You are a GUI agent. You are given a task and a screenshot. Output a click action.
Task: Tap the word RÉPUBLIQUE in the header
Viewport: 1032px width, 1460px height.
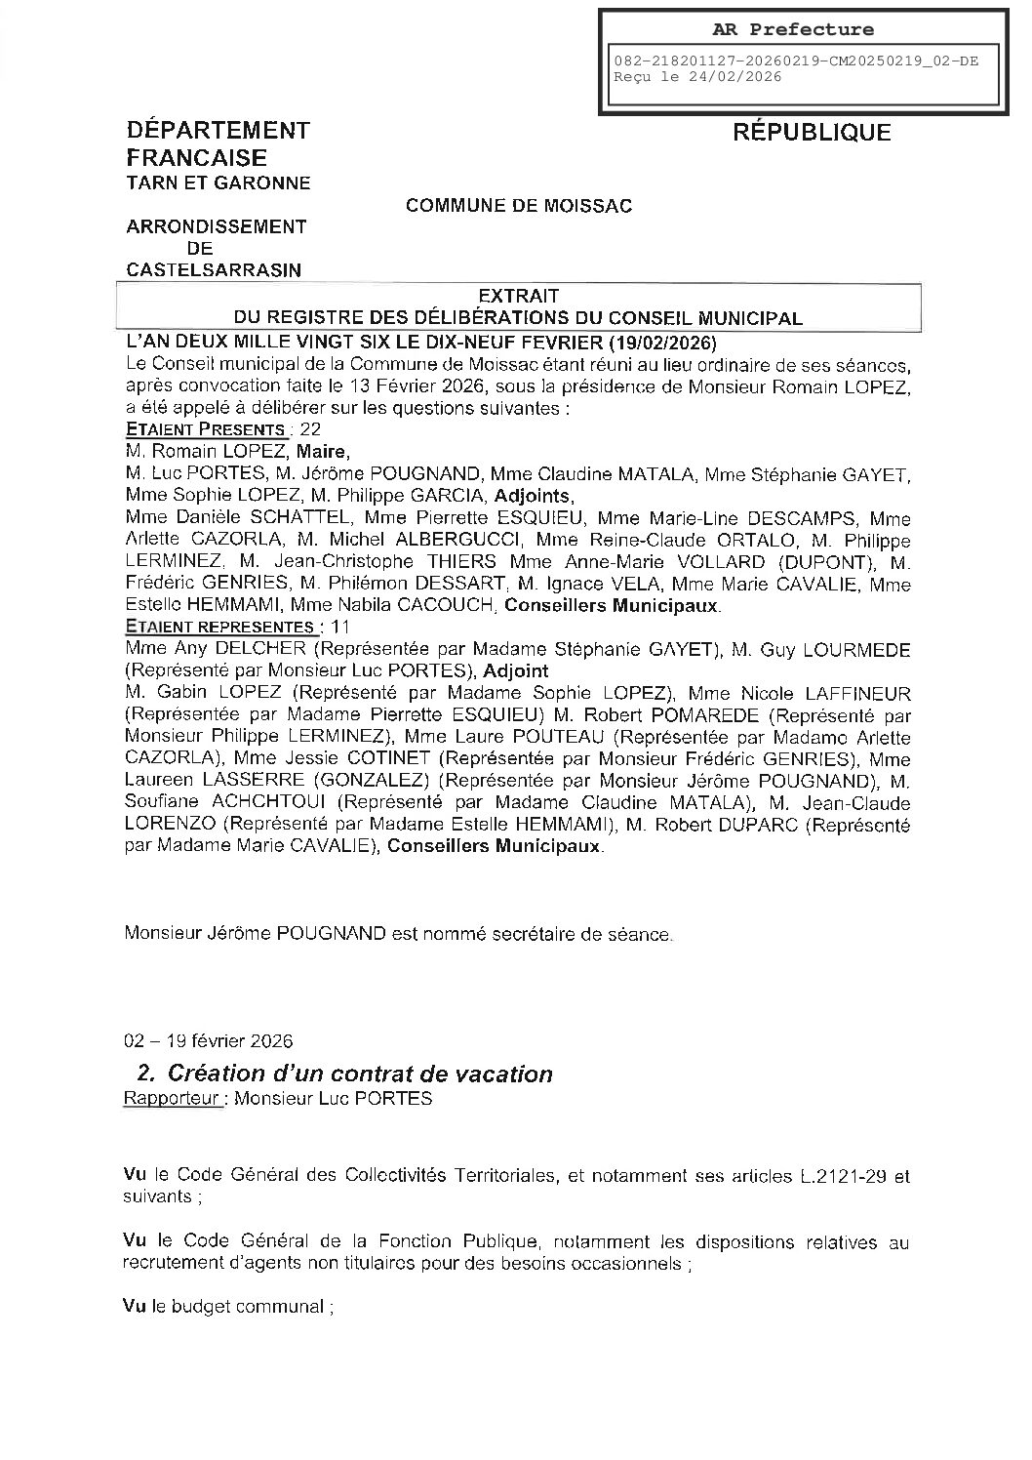point(812,133)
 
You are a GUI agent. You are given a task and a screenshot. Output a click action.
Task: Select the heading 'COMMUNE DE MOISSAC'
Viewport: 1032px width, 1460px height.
point(518,206)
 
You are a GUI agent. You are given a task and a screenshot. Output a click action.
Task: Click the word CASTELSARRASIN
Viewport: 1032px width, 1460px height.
point(214,270)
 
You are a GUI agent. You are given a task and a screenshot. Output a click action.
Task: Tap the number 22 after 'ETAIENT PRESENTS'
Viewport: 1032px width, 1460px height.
point(311,429)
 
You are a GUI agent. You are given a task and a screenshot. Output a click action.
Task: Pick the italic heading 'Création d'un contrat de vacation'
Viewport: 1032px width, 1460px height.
point(360,1075)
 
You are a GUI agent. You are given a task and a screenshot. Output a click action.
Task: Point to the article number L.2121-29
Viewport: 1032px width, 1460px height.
point(842,1176)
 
